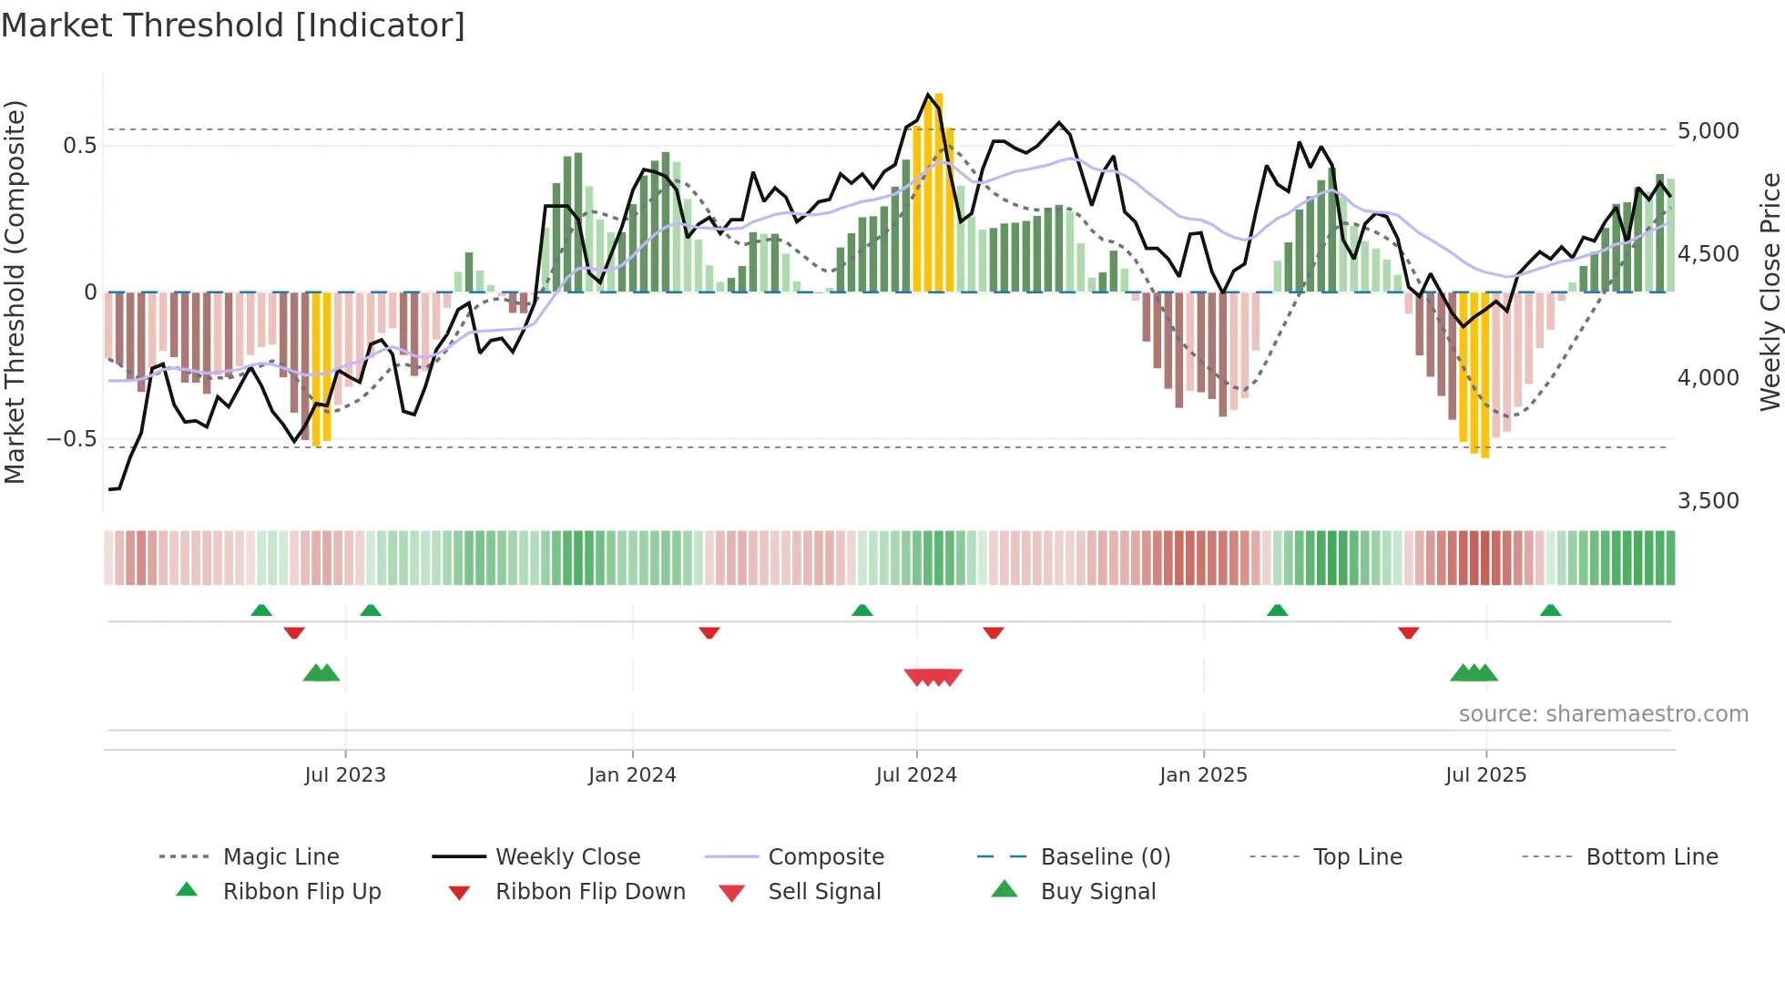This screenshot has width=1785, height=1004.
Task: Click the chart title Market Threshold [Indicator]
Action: click(233, 26)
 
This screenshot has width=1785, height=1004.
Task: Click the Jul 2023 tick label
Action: click(345, 775)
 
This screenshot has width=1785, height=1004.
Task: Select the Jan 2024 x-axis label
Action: click(632, 775)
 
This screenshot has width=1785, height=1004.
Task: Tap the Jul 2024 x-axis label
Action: click(916, 775)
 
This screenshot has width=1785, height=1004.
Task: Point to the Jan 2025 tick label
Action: click(1203, 775)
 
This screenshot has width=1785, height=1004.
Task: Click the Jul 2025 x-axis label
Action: click(1485, 775)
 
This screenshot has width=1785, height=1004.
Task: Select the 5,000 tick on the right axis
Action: click(1708, 131)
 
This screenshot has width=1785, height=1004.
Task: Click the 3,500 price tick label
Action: click(1708, 501)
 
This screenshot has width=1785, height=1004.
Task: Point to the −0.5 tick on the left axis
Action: click(71, 439)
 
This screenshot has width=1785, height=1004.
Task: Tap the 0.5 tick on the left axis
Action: click(79, 146)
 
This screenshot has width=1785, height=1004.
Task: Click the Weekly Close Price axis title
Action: click(1770, 292)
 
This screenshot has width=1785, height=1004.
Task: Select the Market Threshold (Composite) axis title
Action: click(15, 292)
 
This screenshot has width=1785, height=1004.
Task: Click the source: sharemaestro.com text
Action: click(1603, 714)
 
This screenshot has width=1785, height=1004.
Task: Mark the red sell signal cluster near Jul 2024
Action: click(933, 677)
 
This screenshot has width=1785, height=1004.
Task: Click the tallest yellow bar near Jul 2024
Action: click(938, 191)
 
